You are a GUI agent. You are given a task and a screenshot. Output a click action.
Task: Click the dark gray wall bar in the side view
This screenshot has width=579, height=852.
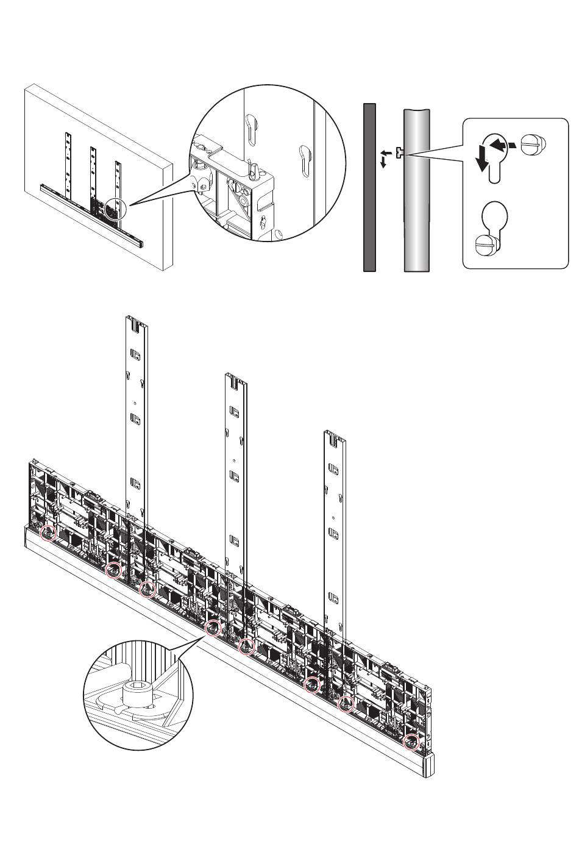click(x=369, y=187)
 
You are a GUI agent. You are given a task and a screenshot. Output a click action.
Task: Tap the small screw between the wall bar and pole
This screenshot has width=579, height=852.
click(x=398, y=153)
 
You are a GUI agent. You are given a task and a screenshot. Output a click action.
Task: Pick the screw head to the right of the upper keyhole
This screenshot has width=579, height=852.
click(x=538, y=145)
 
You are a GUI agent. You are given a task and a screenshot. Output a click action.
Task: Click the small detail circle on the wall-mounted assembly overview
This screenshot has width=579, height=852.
click(x=114, y=209)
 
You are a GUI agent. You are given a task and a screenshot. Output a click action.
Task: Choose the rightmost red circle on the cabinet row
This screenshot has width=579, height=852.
click(x=412, y=742)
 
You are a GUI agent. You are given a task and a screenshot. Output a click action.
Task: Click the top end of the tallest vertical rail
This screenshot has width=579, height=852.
click(x=137, y=318)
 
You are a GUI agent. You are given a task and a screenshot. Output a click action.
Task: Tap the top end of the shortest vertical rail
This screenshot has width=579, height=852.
click(x=335, y=434)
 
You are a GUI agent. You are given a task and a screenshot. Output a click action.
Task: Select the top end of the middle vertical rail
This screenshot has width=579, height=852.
click(x=236, y=376)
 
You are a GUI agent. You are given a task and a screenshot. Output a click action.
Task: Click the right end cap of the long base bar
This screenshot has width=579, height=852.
click(x=429, y=765)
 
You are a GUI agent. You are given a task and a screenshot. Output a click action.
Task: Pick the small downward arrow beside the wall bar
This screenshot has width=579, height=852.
click(x=383, y=163)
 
